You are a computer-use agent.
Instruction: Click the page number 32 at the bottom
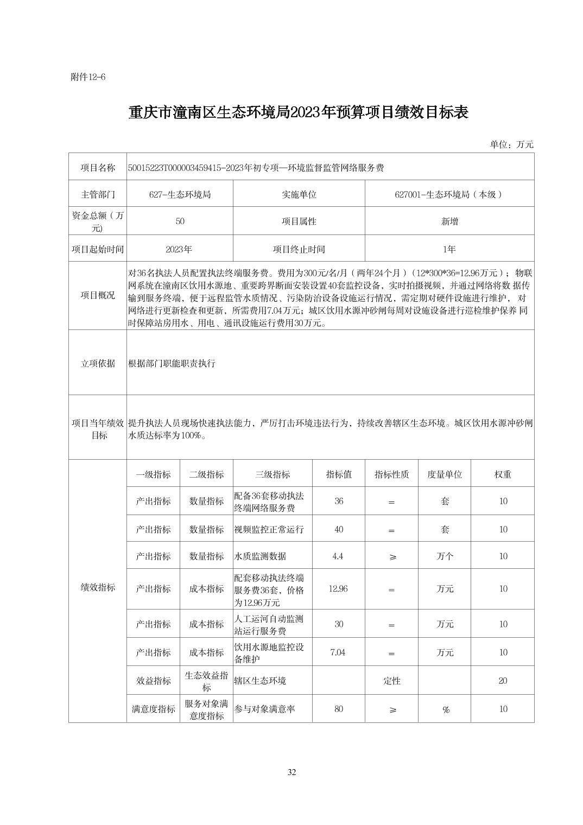291,772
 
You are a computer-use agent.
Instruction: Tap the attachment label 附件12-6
88,77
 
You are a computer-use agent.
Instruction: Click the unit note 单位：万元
511,144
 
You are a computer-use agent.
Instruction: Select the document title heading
298,112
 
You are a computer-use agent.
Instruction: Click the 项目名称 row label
98,168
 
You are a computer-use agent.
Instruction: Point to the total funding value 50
180,221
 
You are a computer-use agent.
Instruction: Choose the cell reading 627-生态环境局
180,194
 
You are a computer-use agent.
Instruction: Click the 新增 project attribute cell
449,221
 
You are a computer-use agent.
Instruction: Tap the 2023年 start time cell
179,249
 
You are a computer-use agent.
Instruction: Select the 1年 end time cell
449,249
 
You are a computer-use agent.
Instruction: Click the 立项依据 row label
98,363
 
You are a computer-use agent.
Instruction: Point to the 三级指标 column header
273,474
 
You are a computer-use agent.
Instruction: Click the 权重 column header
503,474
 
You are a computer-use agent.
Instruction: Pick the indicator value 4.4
338,556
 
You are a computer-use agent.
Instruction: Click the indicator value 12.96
338,589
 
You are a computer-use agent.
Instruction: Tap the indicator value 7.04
338,652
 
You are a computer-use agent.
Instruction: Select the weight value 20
503,681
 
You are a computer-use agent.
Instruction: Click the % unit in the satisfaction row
445,709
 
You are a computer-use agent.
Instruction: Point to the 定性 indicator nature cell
392,681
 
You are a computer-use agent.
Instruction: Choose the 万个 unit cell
445,556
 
